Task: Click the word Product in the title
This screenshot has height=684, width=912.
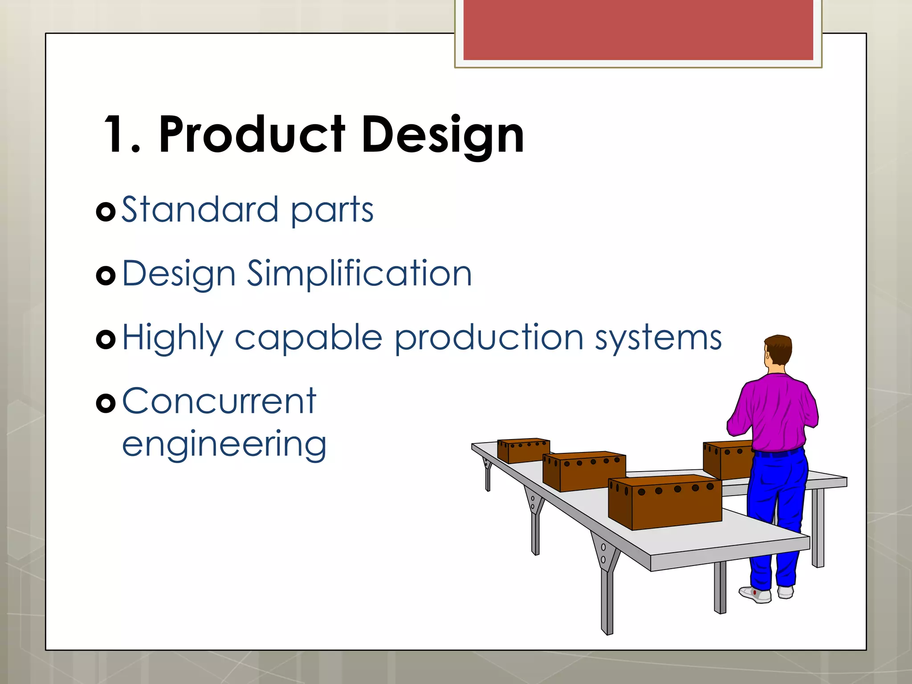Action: [252, 134]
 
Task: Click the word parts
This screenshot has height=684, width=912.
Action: [332, 211]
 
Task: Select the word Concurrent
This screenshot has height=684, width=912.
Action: [219, 401]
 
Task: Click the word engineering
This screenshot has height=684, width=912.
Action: [224, 445]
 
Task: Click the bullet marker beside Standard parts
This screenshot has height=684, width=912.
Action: [106, 212]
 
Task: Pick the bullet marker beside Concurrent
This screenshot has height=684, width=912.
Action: [106, 403]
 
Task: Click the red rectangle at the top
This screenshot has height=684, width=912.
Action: [638, 30]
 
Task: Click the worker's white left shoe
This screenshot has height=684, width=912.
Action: [755, 594]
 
